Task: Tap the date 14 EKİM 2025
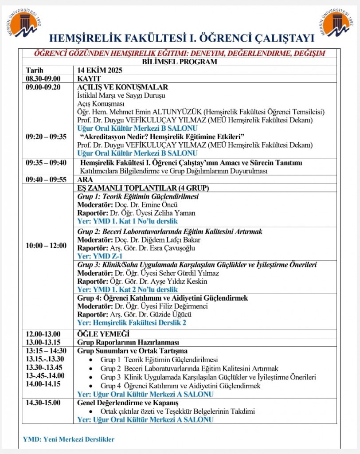(99, 70)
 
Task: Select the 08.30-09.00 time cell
(43, 78)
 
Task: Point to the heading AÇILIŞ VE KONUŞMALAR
(122, 87)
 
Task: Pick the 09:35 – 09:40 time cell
(46, 163)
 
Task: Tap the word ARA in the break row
(85, 180)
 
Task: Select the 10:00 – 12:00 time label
(46, 245)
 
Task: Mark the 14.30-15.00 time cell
(43, 403)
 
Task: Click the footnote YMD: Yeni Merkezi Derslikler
(69, 439)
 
